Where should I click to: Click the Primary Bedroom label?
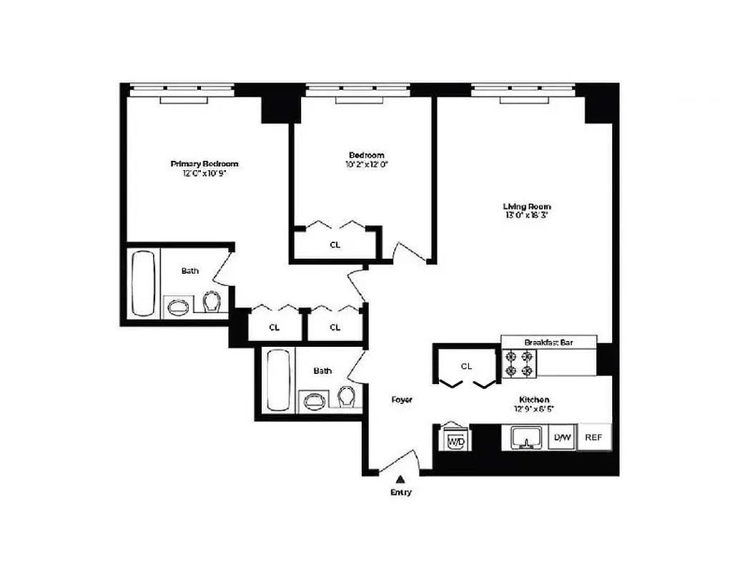(x=204, y=164)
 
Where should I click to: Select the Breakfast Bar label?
(x=548, y=342)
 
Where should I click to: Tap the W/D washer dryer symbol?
(x=456, y=440)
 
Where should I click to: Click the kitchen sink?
(x=528, y=438)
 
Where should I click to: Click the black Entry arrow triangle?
(x=401, y=480)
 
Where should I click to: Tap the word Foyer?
(x=402, y=400)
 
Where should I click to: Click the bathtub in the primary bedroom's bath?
(x=144, y=282)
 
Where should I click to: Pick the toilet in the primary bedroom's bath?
(x=211, y=304)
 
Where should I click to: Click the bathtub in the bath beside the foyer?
(x=277, y=380)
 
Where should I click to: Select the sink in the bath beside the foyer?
(x=313, y=400)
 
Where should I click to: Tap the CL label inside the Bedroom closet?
(x=335, y=245)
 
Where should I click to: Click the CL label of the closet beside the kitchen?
(x=466, y=366)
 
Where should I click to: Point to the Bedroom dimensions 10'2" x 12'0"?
(x=366, y=164)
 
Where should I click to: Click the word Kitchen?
(x=534, y=400)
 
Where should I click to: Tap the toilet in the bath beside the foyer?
(x=346, y=396)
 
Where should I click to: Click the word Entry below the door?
(x=401, y=493)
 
